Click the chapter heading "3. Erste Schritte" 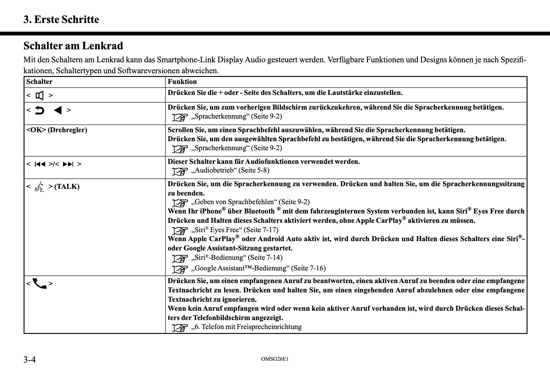click(x=61, y=20)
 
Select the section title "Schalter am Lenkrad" click(x=73, y=46)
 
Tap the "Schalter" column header click(x=39, y=82)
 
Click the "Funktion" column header click(x=182, y=82)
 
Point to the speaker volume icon click(x=40, y=96)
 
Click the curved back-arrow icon click(x=40, y=110)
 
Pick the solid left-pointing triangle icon click(x=58, y=110)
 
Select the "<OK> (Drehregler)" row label click(x=57, y=130)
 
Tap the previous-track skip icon click(x=40, y=164)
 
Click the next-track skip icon click(x=68, y=164)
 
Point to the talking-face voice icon click(x=40, y=187)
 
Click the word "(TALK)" click(x=67, y=187)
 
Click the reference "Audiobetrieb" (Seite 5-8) click(x=230, y=171)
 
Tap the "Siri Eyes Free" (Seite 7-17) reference click(x=235, y=230)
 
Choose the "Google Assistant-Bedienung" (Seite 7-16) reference click(x=258, y=268)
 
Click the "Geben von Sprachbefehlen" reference click(x=250, y=202)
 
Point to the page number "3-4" click(x=30, y=360)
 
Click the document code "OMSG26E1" click(x=275, y=359)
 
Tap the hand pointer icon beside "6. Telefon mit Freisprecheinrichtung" click(x=180, y=327)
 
